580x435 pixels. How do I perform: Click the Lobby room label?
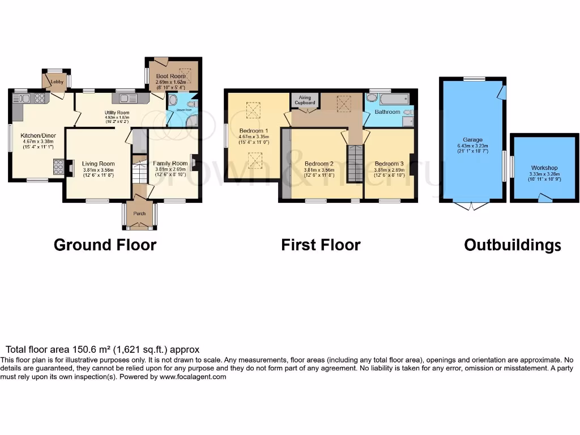tap(57, 82)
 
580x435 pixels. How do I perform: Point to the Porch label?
tap(139, 214)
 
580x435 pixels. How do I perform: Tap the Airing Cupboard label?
tap(304, 101)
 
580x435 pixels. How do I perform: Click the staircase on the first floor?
tap(355, 163)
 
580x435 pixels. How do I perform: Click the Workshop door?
tap(544, 198)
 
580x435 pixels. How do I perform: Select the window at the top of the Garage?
tap(474, 79)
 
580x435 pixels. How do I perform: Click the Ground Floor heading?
tap(105, 245)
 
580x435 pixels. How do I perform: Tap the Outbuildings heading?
tap(513, 245)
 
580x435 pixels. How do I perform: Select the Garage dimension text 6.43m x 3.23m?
tap(473, 146)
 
